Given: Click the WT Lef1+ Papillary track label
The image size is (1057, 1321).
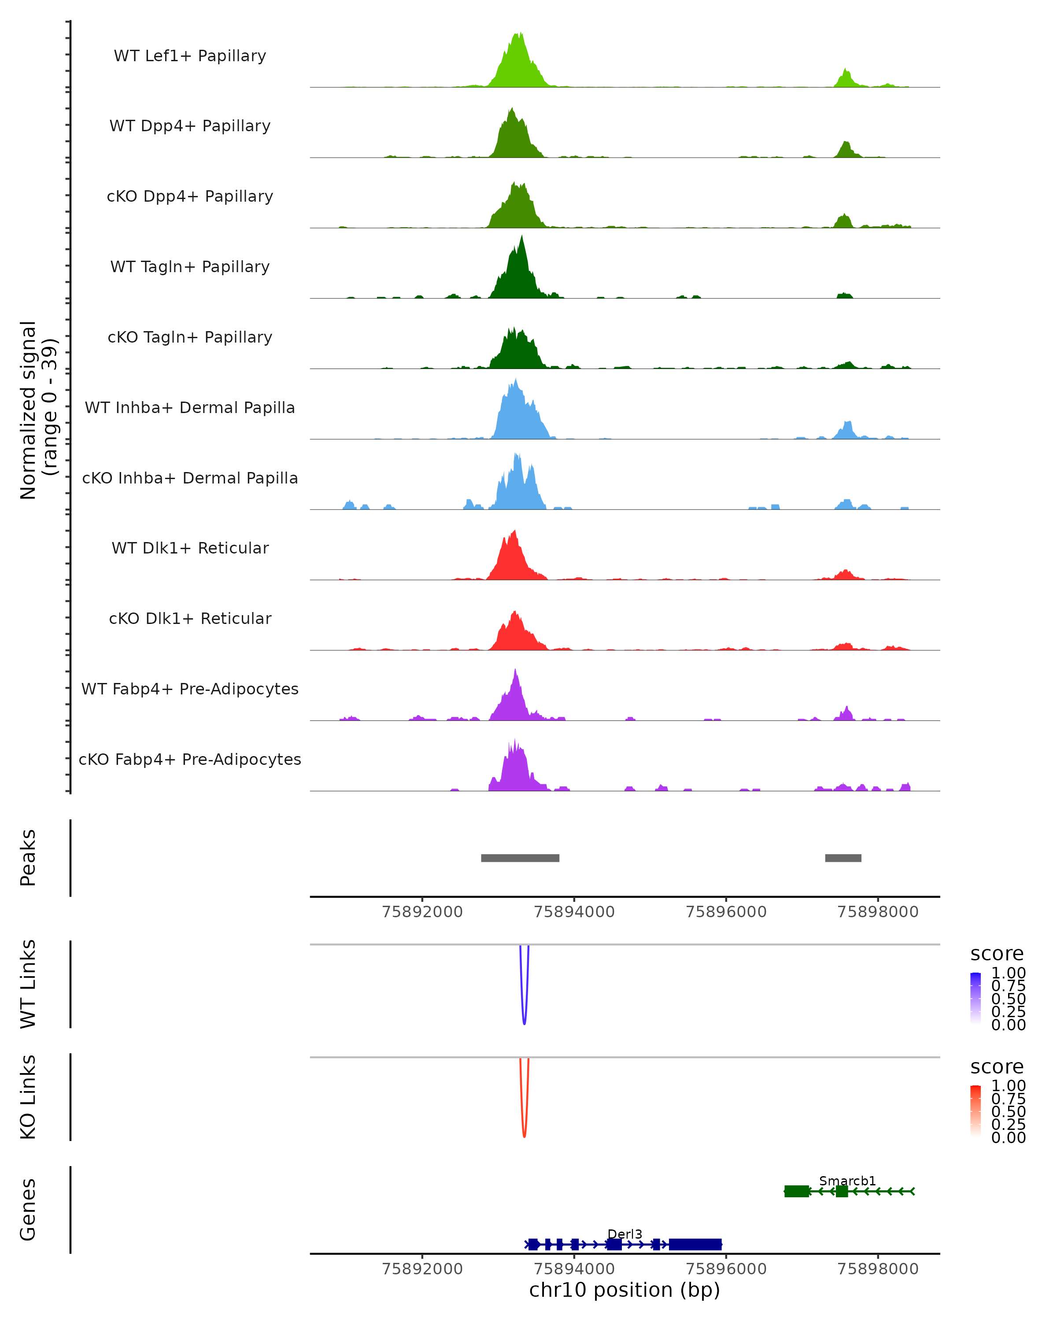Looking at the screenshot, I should (x=190, y=56).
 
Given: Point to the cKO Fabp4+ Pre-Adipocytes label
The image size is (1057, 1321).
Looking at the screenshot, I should (x=190, y=759).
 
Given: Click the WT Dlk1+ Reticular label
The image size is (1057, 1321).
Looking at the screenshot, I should (x=190, y=548).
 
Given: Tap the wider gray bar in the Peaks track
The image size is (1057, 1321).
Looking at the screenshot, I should (x=520, y=858).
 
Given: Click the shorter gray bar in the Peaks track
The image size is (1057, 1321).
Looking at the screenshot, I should (x=843, y=858).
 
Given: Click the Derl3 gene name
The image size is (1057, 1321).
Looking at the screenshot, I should (x=625, y=1234).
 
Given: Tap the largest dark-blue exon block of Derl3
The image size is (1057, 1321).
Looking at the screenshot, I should (x=695, y=1244).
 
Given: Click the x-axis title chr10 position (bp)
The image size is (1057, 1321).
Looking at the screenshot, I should (x=625, y=1290).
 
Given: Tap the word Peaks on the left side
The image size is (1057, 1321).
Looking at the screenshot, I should (x=28, y=858).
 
